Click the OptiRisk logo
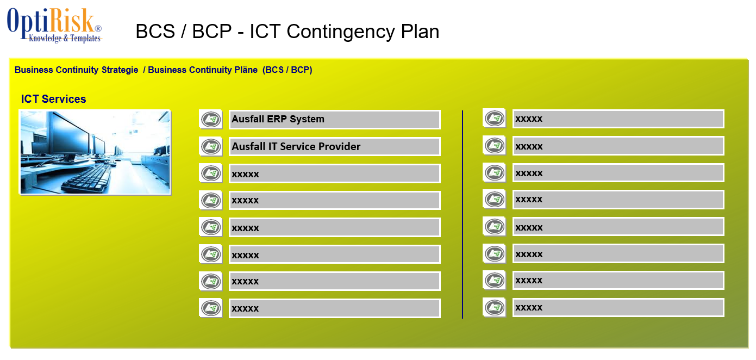tap(54, 26)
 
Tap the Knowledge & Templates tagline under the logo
tap(65, 38)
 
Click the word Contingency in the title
tap(341, 32)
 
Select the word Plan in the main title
tap(420, 32)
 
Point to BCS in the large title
tap(155, 32)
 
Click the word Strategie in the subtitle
tap(120, 70)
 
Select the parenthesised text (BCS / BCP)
tap(287, 70)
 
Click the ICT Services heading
tap(53, 99)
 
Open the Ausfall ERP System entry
tap(334, 119)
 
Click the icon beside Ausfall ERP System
tap(210, 119)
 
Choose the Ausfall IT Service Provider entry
tap(334, 147)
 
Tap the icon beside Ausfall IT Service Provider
tap(210, 147)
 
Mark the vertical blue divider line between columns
tap(463, 214)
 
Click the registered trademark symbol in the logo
tap(98, 28)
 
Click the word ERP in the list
tap(277, 119)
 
